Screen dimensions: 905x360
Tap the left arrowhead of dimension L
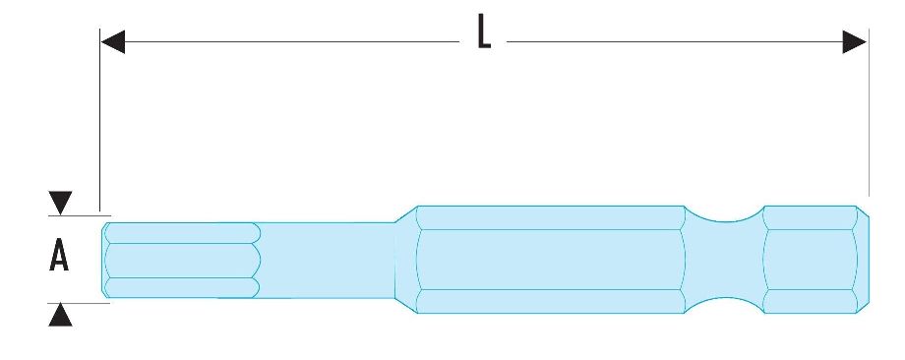pyautogui.click(x=112, y=41)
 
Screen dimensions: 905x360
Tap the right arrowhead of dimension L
pyautogui.click(x=855, y=41)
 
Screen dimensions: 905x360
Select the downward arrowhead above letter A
pyautogui.click(x=60, y=203)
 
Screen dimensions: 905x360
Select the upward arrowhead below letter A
pyautogui.click(x=60, y=315)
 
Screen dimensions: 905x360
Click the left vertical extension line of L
pyautogui.click(x=100, y=120)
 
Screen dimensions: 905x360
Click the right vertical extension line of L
pyautogui.click(x=869, y=112)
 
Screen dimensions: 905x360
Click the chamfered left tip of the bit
pyautogui.click(x=105, y=261)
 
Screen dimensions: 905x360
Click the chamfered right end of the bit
pyautogui.click(x=863, y=260)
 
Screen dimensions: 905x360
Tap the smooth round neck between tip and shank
pyautogui.click(x=327, y=261)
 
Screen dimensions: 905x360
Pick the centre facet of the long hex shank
pyautogui.click(x=551, y=260)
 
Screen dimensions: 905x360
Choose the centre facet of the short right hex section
pyautogui.click(x=811, y=260)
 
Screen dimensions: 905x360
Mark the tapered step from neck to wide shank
pyautogui.click(x=405, y=260)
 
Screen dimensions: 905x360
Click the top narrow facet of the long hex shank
pyautogui.click(x=551, y=217)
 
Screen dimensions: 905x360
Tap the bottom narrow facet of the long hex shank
pyautogui.click(x=551, y=301)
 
